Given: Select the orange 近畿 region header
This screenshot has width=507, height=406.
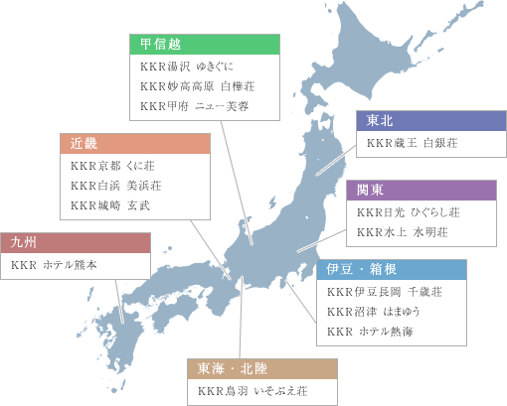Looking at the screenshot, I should point(136,143).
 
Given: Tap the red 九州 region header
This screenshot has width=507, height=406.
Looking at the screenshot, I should point(76,243).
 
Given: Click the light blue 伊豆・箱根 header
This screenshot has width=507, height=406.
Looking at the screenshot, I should point(393,270).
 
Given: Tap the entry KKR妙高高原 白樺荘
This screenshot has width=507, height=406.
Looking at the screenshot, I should point(198,86).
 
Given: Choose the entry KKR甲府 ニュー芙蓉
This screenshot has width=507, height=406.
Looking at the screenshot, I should point(194,105).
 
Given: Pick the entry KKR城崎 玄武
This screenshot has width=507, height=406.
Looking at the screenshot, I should point(110,204).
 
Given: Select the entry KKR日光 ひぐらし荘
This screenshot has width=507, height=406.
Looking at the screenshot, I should point(409,212).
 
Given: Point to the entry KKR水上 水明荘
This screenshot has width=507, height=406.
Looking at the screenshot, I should point(403,231).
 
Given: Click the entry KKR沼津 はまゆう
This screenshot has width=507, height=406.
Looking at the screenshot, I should point(375,312).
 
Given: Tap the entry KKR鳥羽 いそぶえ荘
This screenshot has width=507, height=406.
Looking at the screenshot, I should point(253,392).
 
